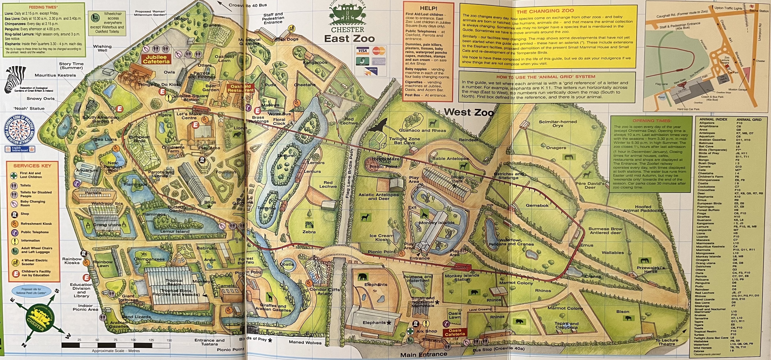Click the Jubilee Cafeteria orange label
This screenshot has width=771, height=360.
pos(156,59)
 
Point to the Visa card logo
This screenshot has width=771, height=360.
pos(362,51)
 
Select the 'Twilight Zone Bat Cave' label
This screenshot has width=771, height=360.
pos(404,141)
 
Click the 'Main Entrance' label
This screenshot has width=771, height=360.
pos(423,355)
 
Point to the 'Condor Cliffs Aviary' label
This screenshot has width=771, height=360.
pos(324,291)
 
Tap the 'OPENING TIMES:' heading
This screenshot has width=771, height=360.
pos(652,121)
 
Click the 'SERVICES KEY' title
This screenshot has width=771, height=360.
pos(32,166)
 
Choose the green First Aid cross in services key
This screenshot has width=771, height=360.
pos(14,175)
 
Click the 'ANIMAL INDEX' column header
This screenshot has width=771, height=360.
pos(713,119)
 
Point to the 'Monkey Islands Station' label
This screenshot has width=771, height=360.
pos(462,277)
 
